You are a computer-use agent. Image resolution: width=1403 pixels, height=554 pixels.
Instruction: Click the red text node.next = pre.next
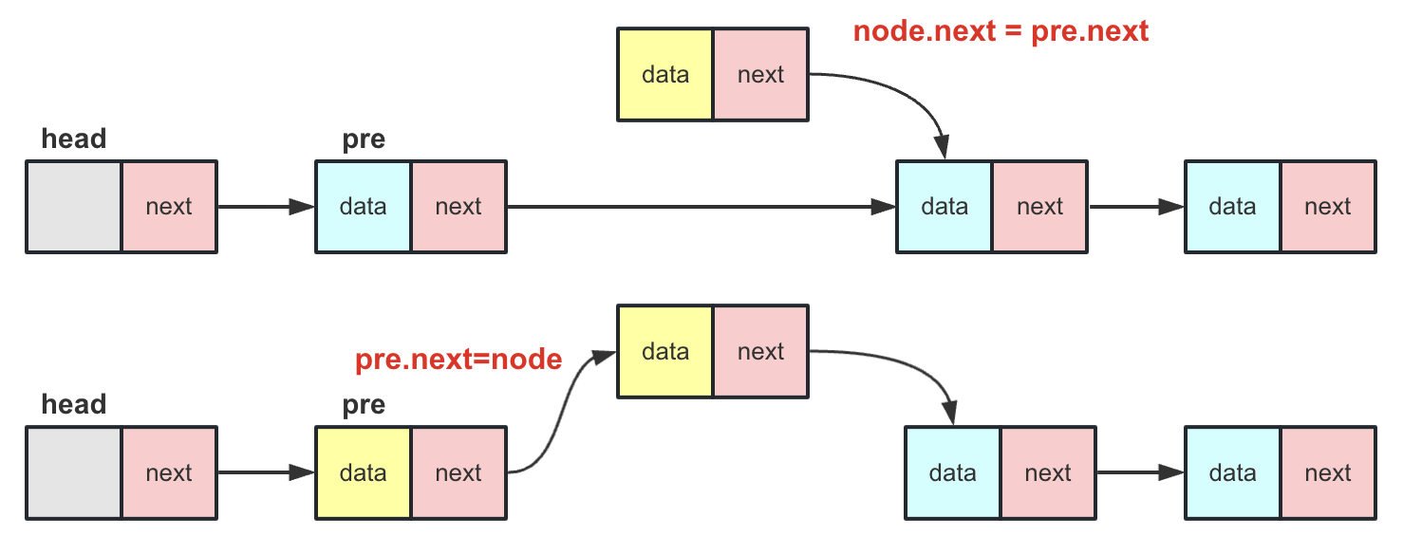click(x=1001, y=31)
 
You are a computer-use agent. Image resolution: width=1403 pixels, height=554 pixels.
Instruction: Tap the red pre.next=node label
click(x=458, y=360)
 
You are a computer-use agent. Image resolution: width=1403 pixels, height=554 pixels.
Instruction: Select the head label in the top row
click(x=74, y=139)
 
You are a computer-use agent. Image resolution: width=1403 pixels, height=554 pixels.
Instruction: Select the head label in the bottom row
click(x=74, y=405)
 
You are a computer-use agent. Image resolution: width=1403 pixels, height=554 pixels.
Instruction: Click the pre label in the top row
click(x=364, y=139)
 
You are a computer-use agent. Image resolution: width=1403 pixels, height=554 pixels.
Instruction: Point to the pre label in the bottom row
click(x=364, y=405)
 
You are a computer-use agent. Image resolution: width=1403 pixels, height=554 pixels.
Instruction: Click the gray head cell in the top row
click(x=74, y=207)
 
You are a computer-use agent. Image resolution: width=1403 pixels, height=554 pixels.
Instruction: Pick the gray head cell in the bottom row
click(x=74, y=473)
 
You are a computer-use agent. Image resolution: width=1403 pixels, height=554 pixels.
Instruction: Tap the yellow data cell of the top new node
click(x=664, y=75)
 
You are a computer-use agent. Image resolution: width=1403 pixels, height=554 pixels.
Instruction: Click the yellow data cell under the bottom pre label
click(x=364, y=473)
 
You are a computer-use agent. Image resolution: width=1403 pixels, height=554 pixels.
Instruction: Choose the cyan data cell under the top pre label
click(x=364, y=207)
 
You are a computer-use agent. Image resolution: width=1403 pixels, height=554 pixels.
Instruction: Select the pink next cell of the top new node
click(x=760, y=75)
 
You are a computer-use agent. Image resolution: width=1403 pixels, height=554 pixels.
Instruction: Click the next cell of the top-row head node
click(x=169, y=207)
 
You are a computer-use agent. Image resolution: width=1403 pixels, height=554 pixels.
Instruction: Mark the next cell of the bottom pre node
click(x=458, y=473)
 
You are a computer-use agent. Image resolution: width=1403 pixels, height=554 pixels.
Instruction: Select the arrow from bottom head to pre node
click(x=266, y=473)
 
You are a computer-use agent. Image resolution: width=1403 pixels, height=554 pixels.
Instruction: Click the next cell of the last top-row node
click(x=1327, y=207)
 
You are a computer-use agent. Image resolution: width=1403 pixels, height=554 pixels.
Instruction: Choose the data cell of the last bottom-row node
click(x=1232, y=473)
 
